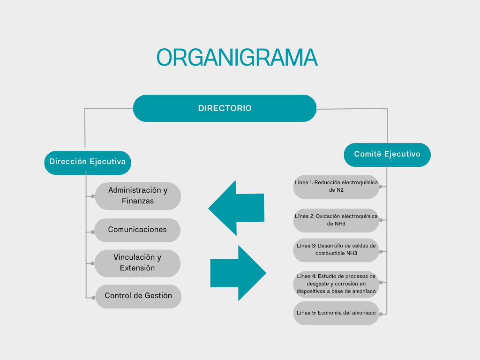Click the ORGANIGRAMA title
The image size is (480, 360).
click(237, 58)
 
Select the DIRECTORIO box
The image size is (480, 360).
click(225, 108)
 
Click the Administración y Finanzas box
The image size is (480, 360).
click(138, 196)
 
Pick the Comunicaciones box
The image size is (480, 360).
click(137, 230)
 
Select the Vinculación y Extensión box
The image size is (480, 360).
click(137, 263)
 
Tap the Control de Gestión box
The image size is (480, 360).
click(138, 296)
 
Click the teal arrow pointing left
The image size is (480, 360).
click(236, 208)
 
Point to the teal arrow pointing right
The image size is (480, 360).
click(238, 273)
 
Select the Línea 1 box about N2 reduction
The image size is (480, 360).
click(336, 187)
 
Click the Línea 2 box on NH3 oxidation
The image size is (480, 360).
click(336, 220)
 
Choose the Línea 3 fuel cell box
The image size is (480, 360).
click(336, 250)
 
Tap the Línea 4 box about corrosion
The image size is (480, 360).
click(336, 284)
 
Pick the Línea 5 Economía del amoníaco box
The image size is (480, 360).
click(336, 313)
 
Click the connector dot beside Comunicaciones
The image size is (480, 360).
click(93, 232)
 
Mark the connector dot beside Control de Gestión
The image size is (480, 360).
click(93, 298)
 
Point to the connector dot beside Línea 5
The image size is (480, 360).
click(381, 314)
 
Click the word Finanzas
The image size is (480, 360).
click(138, 201)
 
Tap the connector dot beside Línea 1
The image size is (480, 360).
click(381, 187)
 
